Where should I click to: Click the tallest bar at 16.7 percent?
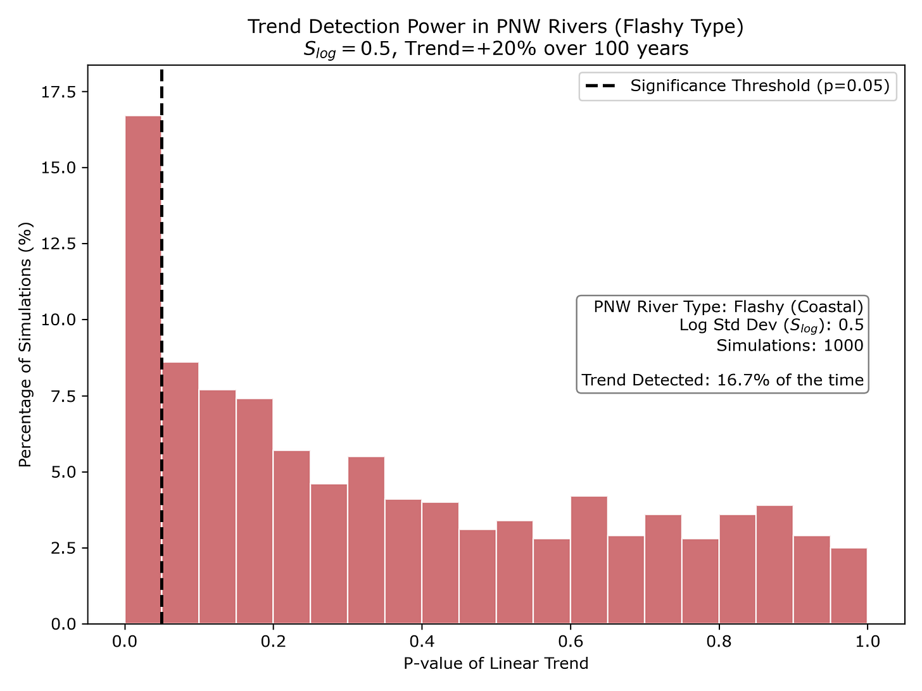(x=143, y=370)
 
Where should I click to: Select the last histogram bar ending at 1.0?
(x=849, y=586)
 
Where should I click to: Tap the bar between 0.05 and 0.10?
(x=180, y=493)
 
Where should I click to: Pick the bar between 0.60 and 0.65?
(x=589, y=560)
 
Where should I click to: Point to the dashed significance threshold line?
(x=161, y=253)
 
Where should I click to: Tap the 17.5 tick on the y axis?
(x=58, y=92)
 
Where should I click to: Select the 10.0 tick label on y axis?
(x=58, y=320)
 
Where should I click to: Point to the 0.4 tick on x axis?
(x=422, y=642)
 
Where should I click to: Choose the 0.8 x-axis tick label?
(x=719, y=642)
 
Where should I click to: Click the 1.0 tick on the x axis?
(x=867, y=642)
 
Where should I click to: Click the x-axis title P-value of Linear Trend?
(x=496, y=663)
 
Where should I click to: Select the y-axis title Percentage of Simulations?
(x=25, y=345)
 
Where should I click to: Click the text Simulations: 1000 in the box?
(x=790, y=345)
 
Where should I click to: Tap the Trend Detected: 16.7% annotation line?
(x=723, y=380)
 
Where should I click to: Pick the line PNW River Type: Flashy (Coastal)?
(x=728, y=307)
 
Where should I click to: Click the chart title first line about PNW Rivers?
(x=496, y=27)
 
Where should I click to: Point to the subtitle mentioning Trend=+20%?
(x=496, y=49)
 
